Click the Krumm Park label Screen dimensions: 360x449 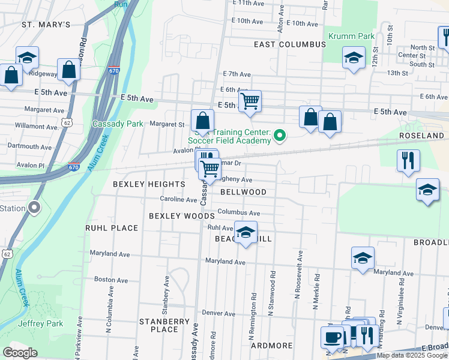click(351, 37)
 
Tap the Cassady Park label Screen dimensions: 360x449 click(118, 124)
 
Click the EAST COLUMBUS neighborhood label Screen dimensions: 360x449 click(289, 44)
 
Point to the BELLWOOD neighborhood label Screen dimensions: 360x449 click(243, 192)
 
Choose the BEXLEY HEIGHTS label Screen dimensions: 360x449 click(149, 184)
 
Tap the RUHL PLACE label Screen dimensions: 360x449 click(112, 228)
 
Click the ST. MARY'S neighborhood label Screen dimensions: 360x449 click(46, 25)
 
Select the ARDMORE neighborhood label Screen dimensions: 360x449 click(271, 346)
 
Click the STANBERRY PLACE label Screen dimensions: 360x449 click(164, 325)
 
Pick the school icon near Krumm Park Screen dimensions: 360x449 click(354, 58)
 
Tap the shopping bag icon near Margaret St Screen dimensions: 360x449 click(203, 120)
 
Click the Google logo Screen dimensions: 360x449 click(20, 353)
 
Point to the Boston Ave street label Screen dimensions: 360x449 click(111, 280)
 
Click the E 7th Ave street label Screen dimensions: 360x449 click(236, 74)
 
